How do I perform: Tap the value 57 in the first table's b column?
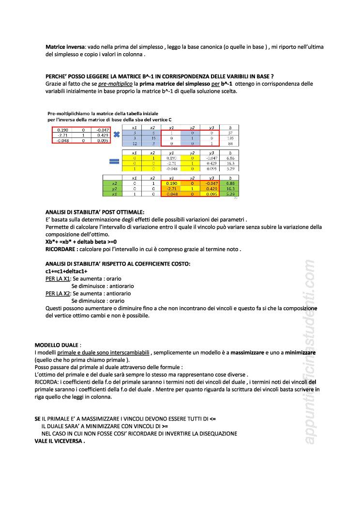coord(230,133)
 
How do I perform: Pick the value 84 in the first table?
coord(230,144)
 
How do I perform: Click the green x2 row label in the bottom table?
coord(115,183)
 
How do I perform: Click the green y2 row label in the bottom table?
coord(115,189)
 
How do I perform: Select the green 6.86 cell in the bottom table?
coord(230,183)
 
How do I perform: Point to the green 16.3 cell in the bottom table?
coord(230,189)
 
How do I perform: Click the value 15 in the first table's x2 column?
coord(152,138)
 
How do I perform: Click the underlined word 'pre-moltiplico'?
coord(115,84)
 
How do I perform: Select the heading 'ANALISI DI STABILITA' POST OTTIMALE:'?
coord(95,212)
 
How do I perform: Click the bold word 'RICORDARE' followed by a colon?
coord(60,249)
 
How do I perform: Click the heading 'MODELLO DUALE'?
coord(56,345)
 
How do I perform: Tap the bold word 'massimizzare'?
coord(247,353)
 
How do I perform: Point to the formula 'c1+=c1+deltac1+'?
coord(66,271)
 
